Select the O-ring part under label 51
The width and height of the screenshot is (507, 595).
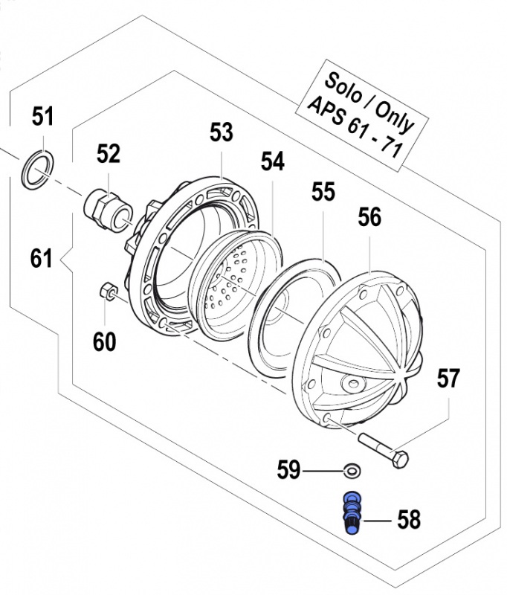click(36, 167)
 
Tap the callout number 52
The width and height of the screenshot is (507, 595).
click(108, 154)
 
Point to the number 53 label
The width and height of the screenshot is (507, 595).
click(221, 133)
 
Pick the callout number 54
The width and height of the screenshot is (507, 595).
click(271, 161)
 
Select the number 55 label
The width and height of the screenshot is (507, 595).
click(323, 193)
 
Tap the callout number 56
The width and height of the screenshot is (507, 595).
click(369, 217)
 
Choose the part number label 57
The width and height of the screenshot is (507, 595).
click(448, 379)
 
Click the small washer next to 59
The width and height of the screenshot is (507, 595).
click(351, 471)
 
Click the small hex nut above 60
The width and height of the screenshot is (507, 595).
click(106, 291)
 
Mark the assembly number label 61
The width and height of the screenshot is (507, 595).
click(42, 259)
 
